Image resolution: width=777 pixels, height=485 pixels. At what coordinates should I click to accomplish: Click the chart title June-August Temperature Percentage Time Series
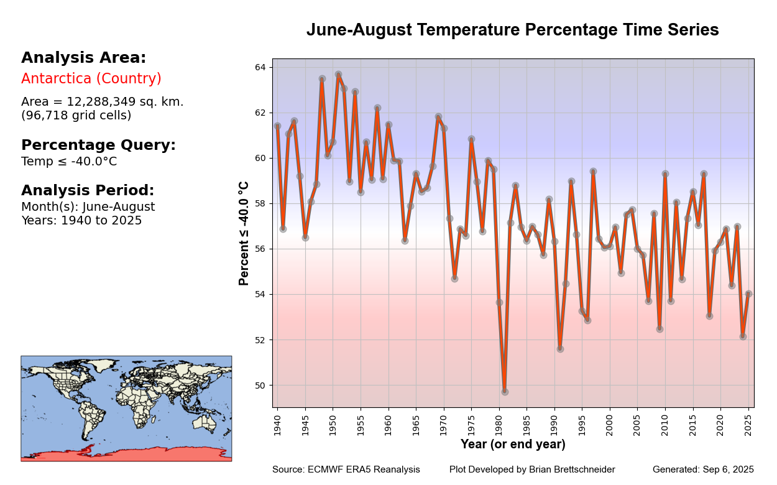(512, 30)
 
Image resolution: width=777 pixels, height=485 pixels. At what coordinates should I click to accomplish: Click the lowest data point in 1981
(505, 392)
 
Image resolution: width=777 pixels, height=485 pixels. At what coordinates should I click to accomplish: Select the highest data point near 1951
(338, 75)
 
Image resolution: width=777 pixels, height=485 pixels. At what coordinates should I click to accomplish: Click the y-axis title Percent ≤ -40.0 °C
(244, 233)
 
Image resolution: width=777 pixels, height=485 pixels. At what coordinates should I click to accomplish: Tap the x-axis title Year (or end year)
(513, 445)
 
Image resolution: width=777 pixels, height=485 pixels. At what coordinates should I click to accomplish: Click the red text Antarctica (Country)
(91, 79)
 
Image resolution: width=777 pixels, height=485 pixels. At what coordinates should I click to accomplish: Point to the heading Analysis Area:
(83, 58)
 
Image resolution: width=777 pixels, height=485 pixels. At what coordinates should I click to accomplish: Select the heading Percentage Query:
(98, 145)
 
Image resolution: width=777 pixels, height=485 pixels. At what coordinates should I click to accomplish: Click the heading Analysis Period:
(88, 190)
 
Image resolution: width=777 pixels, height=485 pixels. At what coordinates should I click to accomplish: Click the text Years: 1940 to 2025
(81, 221)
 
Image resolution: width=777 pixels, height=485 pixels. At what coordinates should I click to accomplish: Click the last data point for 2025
(748, 294)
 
